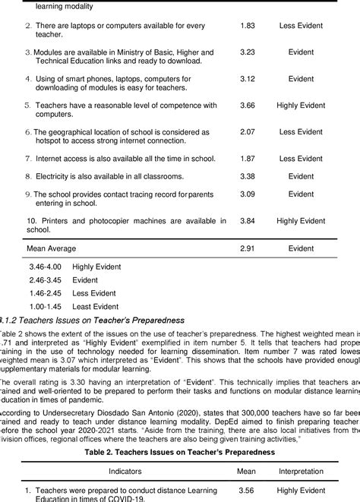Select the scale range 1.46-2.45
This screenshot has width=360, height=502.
46,292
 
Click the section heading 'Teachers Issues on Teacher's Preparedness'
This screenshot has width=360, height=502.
99,319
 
